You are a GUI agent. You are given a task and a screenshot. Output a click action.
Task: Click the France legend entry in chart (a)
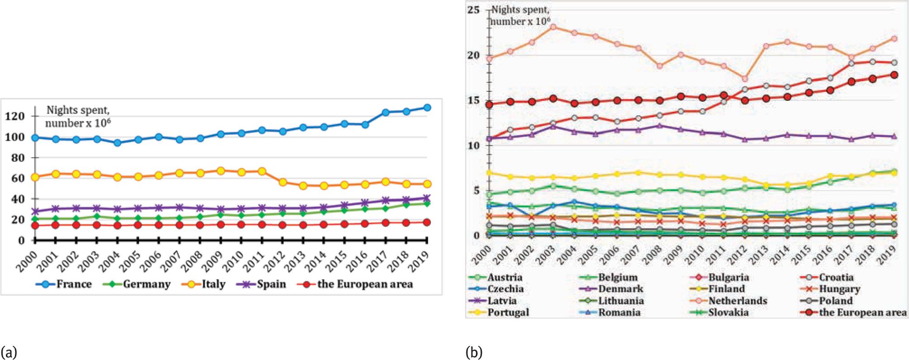click(x=63, y=284)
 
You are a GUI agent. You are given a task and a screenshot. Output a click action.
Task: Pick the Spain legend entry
click(x=264, y=284)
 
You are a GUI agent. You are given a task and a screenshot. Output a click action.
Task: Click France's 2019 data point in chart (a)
click(x=427, y=108)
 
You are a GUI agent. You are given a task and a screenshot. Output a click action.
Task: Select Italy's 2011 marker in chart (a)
click(x=262, y=171)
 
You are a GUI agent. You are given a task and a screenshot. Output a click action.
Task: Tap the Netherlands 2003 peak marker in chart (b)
click(x=553, y=27)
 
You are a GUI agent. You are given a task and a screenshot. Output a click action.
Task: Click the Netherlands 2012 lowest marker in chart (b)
click(x=745, y=79)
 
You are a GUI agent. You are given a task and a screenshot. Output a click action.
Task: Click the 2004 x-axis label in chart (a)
click(x=113, y=258)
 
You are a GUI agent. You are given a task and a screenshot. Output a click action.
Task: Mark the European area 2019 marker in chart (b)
click(x=894, y=75)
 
